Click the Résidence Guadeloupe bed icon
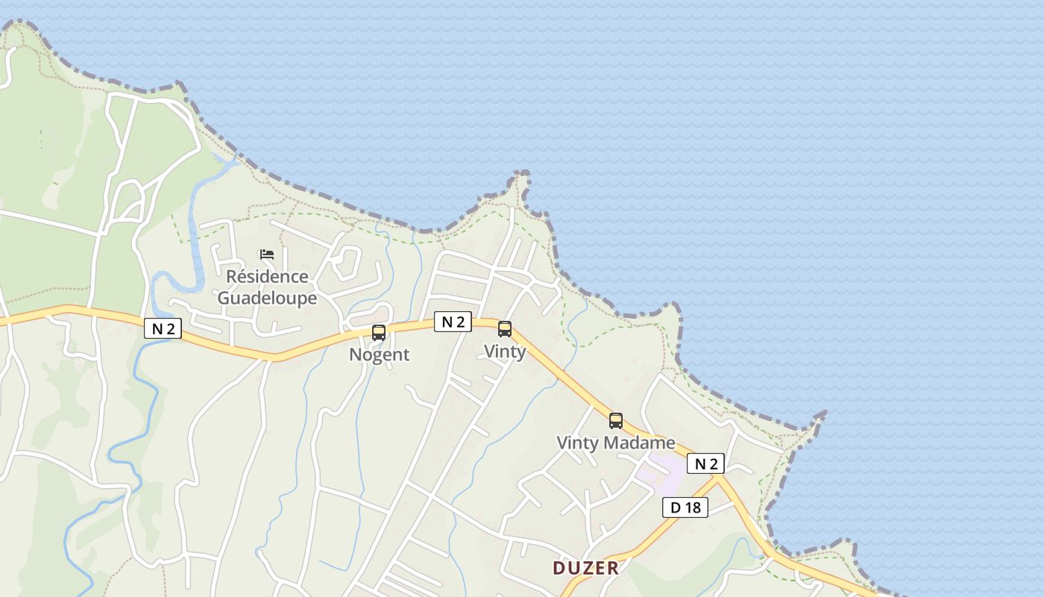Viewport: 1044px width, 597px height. pyautogui.click(x=267, y=254)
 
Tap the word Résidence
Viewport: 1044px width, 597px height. pyautogui.click(x=267, y=277)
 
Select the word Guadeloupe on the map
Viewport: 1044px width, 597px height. pyautogui.click(x=267, y=298)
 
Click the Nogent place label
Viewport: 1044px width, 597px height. pyautogui.click(x=380, y=355)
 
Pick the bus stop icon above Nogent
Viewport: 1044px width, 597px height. pyautogui.click(x=379, y=333)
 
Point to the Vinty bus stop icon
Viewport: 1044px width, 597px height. pyautogui.click(x=505, y=329)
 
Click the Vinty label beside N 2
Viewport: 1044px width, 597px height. pyautogui.click(x=505, y=351)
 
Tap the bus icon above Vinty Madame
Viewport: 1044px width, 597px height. pyautogui.click(x=616, y=421)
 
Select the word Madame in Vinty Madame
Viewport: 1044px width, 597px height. pyautogui.click(x=640, y=443)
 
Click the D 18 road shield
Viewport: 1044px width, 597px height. pyautogui.click(x=685, y=508)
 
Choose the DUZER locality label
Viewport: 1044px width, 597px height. pyautogui.click(x=586, y=569)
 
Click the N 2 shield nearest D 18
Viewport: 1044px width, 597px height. pyautogui.click(x=705, y=464)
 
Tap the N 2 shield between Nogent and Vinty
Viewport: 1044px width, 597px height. pyautogui.click(x=453, y=322)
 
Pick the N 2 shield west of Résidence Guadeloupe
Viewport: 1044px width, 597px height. pyautogui.click(x=163, y=328)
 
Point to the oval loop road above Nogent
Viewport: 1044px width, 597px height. pyautogui.click(x=347, y=263)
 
